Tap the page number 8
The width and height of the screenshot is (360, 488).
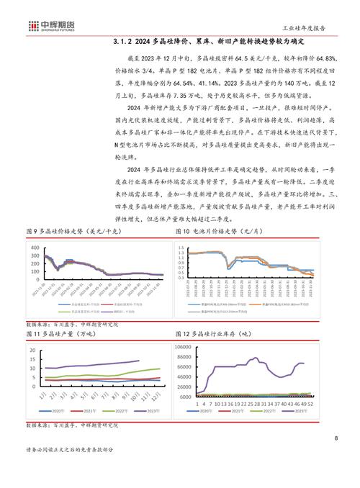click(x=336, y=440)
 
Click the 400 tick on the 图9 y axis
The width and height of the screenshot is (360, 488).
click(x=32, y=248)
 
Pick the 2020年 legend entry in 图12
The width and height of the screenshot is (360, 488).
click(x=204, y=410)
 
